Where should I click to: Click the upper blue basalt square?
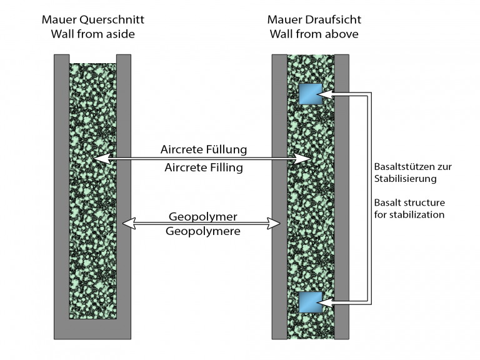pyautogui.click(x=310, y=94)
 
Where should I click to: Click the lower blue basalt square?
pyautogui.click(x=310, y=302)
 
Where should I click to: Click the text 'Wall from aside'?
pyautogui.click(x=92, y=34)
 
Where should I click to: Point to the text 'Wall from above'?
pyautogui.click(x=314, y=34)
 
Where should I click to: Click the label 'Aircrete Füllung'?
pyautogui.click(x=204, y=149)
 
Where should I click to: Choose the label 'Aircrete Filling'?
pyautogui.click(x=204, y=167)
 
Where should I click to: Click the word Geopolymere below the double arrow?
pyautogui.click(x=203, y=231)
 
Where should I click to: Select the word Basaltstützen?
pyautogui.click(x=409, y=167)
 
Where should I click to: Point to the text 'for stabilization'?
pyautogui.click(x=409, y=214)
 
